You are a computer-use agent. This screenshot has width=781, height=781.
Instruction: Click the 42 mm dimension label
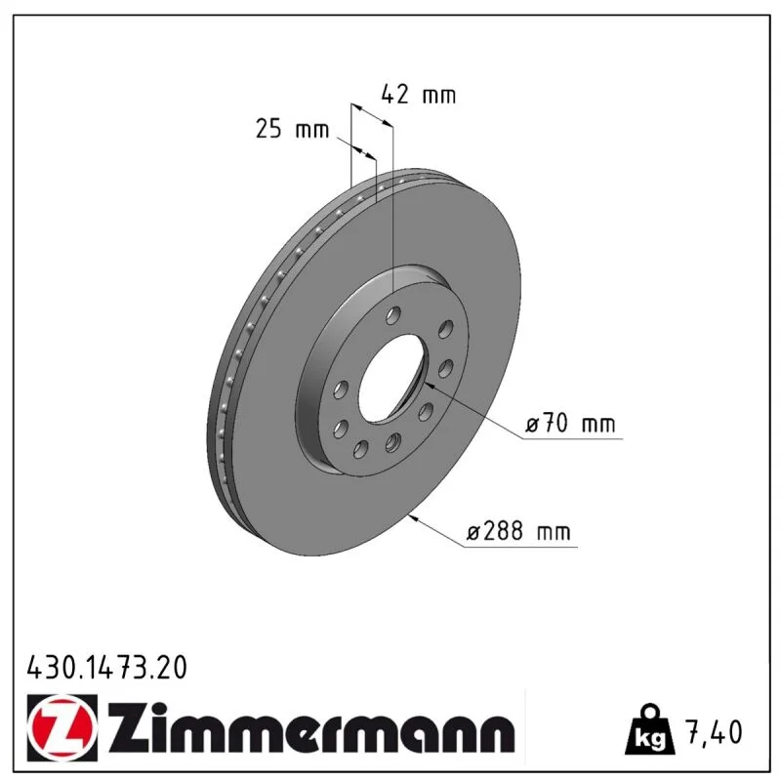(x=419, y=94)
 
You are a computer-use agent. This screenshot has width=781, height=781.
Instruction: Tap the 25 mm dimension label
(x=292, y=129)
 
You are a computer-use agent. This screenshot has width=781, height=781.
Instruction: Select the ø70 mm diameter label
(x=570, y=424)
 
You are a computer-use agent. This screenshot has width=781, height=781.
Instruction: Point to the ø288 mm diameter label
(x=518, y=531)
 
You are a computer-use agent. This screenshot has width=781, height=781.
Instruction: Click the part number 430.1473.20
(x=107, y=668)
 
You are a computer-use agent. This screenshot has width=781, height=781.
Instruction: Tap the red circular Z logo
(x=62, y=727)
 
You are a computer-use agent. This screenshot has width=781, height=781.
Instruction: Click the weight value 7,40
(x=715, y=732)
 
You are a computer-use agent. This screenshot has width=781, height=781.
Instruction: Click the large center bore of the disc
(x=393, y=379)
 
